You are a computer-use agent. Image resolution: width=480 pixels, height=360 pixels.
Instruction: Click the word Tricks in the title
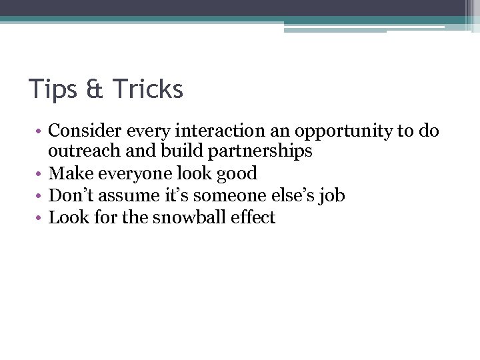147,89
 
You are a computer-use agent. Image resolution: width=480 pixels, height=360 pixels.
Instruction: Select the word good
236,174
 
